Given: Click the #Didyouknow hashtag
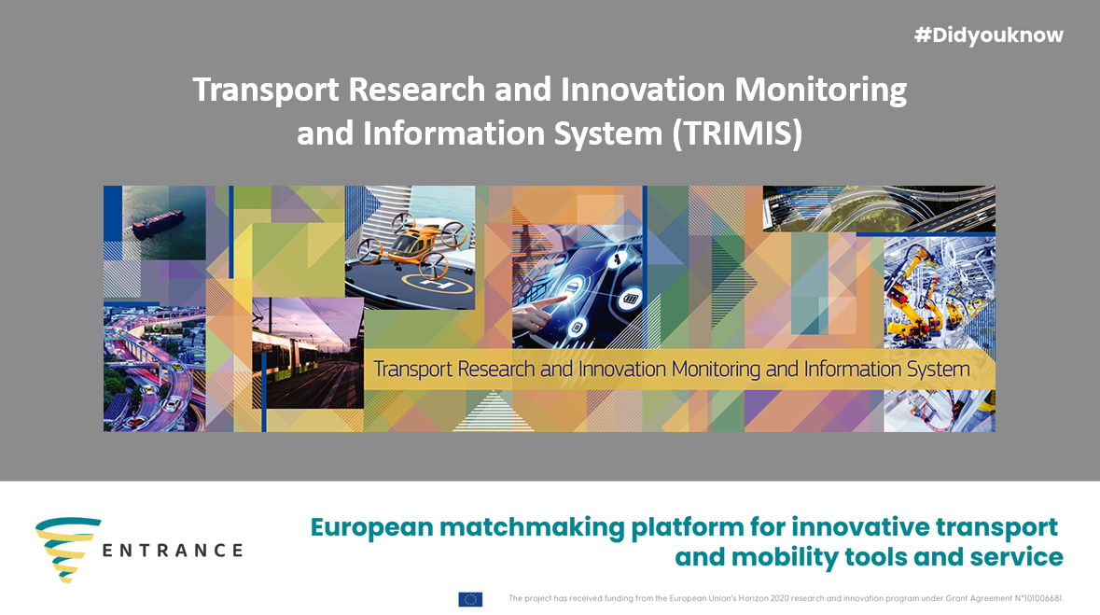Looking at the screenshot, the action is (x=988, y=35).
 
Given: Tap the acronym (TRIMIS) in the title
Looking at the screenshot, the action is (x=737, y=133).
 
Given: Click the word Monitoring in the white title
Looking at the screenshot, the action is (x=820, y=91).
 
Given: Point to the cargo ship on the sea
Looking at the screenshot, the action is (x=159, y=225).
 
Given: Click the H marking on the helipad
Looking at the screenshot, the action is (x=436, y=285).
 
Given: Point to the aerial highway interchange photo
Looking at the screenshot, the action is (x=879, y=208).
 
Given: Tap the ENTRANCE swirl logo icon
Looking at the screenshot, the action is (x=67, y=550).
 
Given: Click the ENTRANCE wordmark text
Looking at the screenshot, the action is (x=173, y=551).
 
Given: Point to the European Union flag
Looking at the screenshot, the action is (x=470, y=599).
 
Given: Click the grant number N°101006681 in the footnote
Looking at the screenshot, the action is (x=1038, y=599).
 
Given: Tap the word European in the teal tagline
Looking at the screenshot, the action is (x=372, y=528).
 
